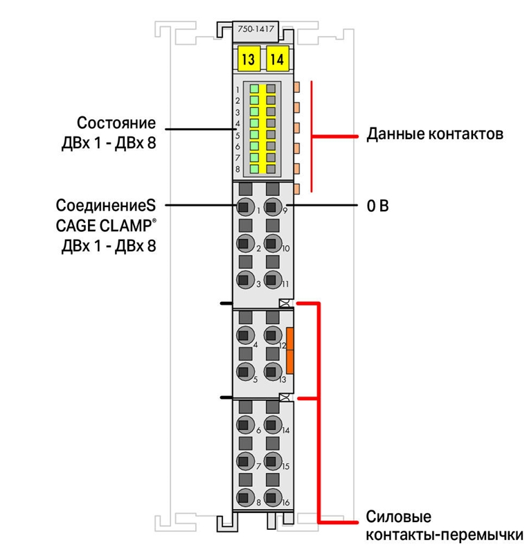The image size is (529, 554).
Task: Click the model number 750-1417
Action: click(255, 29)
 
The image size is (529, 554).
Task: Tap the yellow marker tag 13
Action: click(249, 59)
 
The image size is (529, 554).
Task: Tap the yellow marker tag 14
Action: click(278, 59)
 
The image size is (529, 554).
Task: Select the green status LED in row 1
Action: click(254, 89)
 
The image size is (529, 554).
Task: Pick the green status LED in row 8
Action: click(254, 168)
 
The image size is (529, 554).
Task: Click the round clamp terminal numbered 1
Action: click(244, 207)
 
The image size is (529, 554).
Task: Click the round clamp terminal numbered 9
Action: click(272, 207)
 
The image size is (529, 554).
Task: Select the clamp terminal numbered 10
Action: click(272, 244)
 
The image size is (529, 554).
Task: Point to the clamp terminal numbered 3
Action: click(244, 280)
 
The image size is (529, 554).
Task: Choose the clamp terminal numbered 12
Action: click(272, 335)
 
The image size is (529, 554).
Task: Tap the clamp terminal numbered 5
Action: click(244, 372)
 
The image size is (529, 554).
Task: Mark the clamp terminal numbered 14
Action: click(272, 425)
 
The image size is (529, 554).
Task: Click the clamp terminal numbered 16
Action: click(272, 497)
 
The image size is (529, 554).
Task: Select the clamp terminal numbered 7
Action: click(244, 461)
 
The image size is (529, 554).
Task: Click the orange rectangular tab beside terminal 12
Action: click(289, 350)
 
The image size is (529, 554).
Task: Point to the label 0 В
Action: click(378, 206)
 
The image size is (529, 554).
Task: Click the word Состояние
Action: click(116, 123)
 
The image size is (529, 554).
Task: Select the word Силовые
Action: click(399, 517)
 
